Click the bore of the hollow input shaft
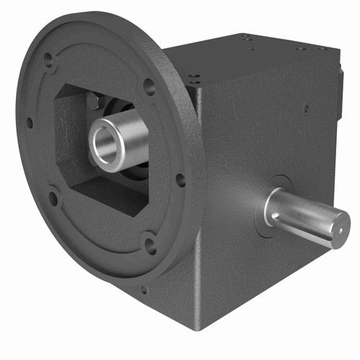[x=108, y=142]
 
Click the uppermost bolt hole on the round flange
[x=49, y=60]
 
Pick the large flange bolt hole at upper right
[x=149, y=86]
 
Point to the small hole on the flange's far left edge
[x=30, y=122]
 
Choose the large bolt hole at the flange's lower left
[x=53, y=197]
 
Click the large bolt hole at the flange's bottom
[x=150, y=244]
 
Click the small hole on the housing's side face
[x=306, y=109]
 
